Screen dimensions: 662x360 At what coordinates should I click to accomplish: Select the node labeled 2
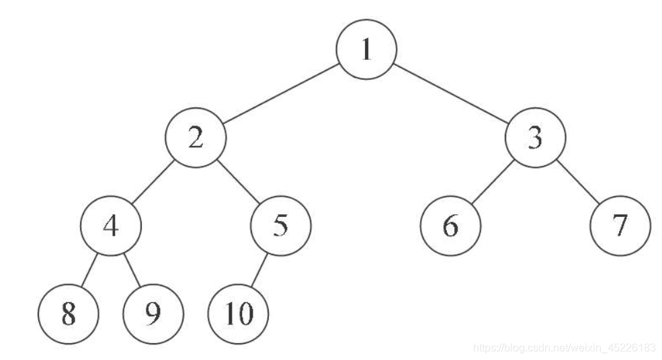(x=196, y=138)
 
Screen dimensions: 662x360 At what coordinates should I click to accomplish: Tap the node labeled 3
(x=536, y=138)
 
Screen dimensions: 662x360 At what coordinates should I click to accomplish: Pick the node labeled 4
(x=111, y=226)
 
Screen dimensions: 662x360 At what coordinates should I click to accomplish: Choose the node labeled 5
(x=281, y=226)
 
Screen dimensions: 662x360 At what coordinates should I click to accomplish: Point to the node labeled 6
(x=450, y=226)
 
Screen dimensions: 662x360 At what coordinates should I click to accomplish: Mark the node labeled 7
(x=620, y=226)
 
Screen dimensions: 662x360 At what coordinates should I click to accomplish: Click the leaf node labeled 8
(x=69, y=313)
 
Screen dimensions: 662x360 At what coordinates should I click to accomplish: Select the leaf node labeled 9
(x=153, y=313)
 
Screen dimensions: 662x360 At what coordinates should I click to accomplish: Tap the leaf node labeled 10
(x=239, y=313)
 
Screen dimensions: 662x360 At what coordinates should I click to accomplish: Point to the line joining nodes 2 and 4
(x=154, y=182)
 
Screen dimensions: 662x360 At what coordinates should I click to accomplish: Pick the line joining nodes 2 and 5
(x=239, y=182)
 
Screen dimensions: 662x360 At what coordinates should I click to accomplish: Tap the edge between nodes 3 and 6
(x=493, y=182)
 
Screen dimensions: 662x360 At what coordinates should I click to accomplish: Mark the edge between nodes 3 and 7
(x=578, y=182)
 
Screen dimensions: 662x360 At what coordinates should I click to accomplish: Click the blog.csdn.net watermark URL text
(x=565, y=348)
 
